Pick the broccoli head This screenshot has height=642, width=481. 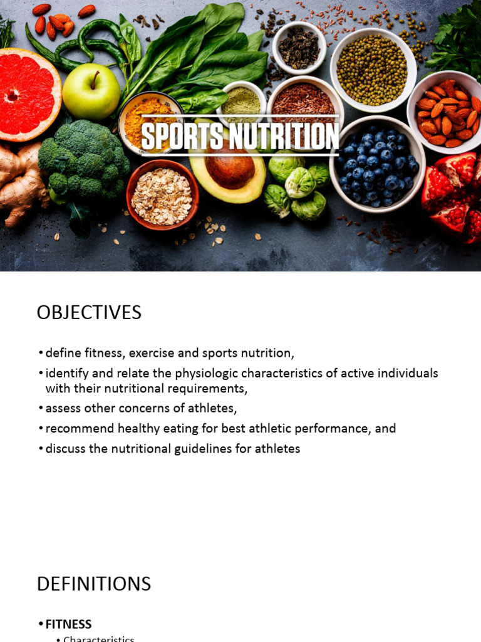coord(81,159)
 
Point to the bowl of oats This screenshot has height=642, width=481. coord(162,194)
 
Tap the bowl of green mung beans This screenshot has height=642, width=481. coord(373,68)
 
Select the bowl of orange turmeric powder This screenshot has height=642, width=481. coord(148,122)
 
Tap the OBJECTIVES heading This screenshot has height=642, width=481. coord(89,312)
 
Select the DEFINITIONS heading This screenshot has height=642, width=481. coord(94,584)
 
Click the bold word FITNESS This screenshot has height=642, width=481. coord(69,624)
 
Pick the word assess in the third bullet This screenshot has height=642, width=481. coord(61,409)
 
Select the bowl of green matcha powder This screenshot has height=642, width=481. coord(241,100)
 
